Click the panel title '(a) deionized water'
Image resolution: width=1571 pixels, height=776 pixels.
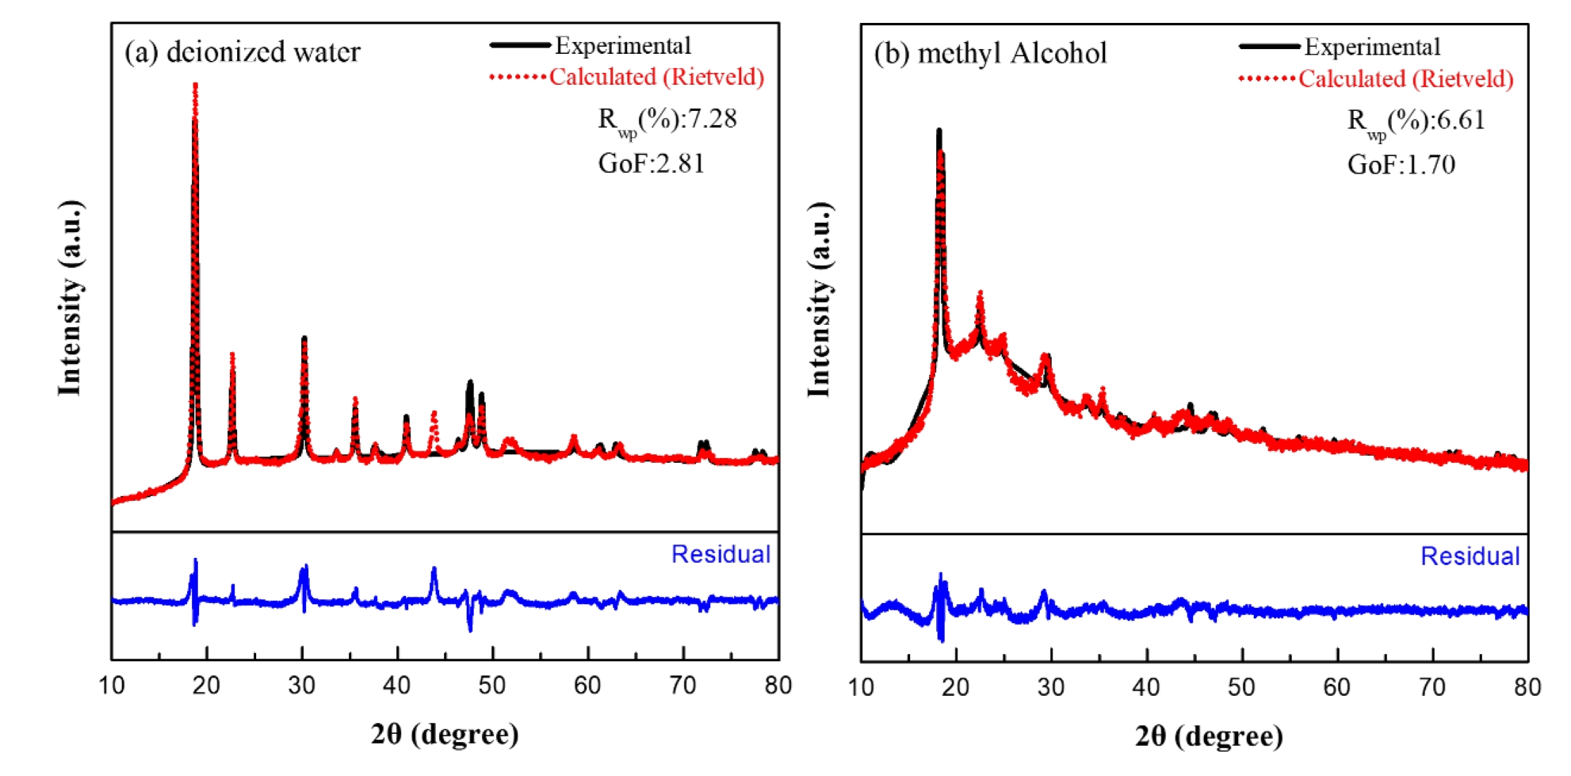(243, 52)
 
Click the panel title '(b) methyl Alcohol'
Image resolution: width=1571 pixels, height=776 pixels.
(991, 54)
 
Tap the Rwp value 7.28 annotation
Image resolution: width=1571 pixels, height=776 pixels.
(667, 120)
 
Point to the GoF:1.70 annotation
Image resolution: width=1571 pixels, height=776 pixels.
(1401, 165)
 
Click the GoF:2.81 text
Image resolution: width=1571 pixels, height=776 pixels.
(652, 163)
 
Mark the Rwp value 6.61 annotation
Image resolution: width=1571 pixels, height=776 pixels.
(1416, 121)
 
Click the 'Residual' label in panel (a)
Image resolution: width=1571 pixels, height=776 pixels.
(721, 554)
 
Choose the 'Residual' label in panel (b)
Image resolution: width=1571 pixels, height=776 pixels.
(1470, 556)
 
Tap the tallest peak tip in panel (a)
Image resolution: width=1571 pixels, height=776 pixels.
(195, 85)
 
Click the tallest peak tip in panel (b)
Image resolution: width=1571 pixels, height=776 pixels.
(939, 131)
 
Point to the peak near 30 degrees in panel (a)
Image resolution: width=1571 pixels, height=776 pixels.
(304, 339)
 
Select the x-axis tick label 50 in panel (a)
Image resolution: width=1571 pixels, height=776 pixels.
(492, 686)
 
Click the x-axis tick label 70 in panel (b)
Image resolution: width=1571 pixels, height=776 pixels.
(1432, 687)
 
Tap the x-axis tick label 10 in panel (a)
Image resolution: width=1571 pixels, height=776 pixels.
(112, 686)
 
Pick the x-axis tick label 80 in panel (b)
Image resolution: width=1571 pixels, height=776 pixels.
(1527, 687)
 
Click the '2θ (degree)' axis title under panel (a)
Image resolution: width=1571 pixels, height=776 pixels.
(445, 735)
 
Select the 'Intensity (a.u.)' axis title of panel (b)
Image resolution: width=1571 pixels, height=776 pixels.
(820, 300)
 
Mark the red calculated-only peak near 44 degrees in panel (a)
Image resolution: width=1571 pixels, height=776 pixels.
(434, 414)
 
